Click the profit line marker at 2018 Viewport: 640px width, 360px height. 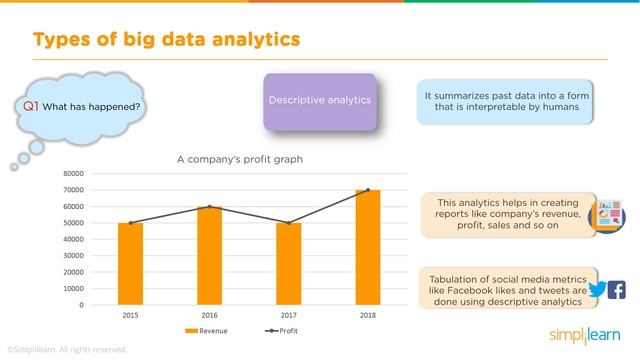[x=367, y=190]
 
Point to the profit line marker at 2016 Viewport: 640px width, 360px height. [x=210, y=207]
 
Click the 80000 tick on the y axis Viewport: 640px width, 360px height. [x=71, y=173]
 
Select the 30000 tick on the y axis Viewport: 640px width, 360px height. [x=71, y=255]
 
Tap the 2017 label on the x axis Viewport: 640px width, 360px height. [x=289, y=315]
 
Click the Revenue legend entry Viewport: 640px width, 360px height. [x=205, y=330]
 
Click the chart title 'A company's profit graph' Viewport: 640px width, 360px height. [x=239, y=159]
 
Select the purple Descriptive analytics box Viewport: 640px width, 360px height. [x=320, y=101]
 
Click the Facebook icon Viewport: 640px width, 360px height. [x=617, y=290]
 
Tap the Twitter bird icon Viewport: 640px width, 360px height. [x=598, y=290]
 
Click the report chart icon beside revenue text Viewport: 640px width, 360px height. [x=608, y=215]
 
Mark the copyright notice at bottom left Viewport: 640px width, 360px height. [x=66, y=349]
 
